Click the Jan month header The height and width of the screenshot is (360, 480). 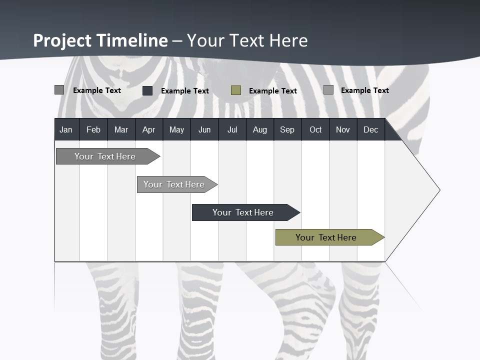point(66,130)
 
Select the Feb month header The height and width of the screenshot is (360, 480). point(93,130)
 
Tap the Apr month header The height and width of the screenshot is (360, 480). point(148,130)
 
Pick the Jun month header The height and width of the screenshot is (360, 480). point(204,130)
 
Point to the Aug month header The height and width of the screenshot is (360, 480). point(259,130)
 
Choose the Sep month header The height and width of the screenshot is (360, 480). point(287,130)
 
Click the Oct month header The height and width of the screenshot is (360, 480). point(315,130)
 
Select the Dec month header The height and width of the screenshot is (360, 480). point(370,130)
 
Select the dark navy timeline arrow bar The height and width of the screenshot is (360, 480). point(243,212)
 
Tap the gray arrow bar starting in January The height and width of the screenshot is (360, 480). point(105,156)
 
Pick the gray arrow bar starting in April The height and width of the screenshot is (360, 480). point(174,184)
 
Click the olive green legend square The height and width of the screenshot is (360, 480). point(236,90)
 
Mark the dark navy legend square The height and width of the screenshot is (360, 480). point(147,90)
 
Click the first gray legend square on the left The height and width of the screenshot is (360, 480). point(59,90)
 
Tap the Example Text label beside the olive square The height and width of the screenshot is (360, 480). point(272,91)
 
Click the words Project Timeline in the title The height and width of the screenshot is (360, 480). point(100,40)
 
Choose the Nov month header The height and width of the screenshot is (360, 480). point(343,130)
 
